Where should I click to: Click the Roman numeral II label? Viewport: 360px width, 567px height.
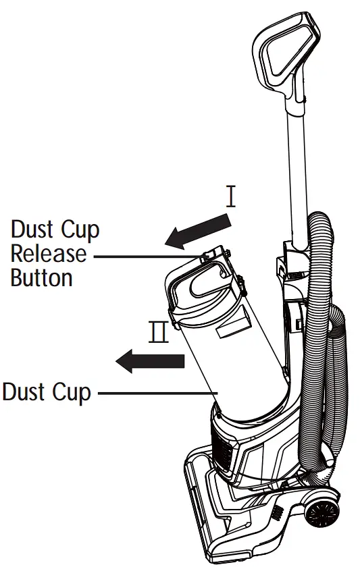point(159,333)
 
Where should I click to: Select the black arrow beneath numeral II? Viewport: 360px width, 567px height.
point(150,360)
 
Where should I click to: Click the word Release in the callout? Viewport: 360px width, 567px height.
point(49,254)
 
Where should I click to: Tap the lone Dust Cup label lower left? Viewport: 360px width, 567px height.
point(46,391)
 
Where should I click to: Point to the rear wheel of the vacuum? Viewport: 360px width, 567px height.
point(320,511)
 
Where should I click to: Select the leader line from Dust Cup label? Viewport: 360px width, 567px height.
point(155,391)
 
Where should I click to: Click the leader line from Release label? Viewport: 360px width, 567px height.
point(145,255)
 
